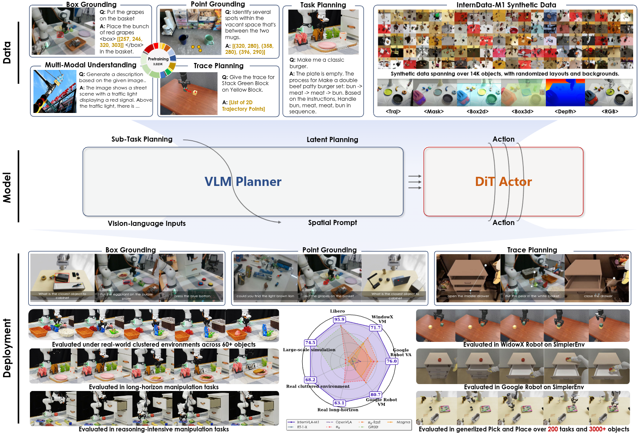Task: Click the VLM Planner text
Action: pyautogui.click(x=243, y=182)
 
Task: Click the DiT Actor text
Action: pyautogui.click(x=503, y=182)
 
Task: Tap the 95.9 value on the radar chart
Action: pyautogui.click(x=339, y=319)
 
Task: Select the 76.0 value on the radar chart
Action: pyautogui.click(x=391, y=361)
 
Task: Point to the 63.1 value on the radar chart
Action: pyautogui.click(x=339, y=403)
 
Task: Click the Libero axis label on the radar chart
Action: pyautogui.click(x=337, y=311)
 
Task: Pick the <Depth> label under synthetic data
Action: pyautogui.click(x=565, y=112)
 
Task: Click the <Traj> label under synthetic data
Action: pyautogui.click(x=393, y=112)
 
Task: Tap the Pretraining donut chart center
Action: pyautogui.click(x=158, y=61)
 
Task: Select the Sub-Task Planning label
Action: pyautogui.click(x=142, y=139)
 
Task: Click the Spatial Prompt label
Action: pyautogui.click(x=332, y=223)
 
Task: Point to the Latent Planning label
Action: pyautogui.click(x=332, y=139)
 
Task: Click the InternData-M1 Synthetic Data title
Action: pyautogui.click(x=506, y=5)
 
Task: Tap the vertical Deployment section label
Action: pyautogui.click(x=7, y=348)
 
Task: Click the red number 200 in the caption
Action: pyautogui.click(x=552, y=429)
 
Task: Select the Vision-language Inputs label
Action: pyautogui.click(x=146, y=224)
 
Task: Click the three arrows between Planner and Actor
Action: pyautogui.click(x=415, y=182)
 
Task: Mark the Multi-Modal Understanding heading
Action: pyautogui.click(x=90, y=65)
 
